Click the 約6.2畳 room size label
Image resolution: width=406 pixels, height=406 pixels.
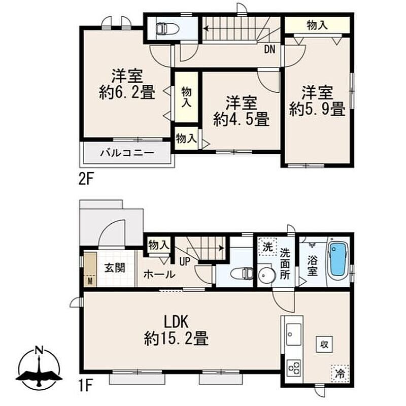[127, 92]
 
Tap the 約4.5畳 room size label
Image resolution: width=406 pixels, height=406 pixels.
[241, 119]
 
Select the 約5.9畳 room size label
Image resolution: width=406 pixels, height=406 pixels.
[317, 109]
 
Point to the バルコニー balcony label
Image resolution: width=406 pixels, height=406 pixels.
[127, 153]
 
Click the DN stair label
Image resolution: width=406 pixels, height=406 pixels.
[269, 49]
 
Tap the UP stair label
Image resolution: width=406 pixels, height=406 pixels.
[185, 262]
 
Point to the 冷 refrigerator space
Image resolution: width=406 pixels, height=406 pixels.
[340, 374]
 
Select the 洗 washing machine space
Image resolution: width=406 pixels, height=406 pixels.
[268, 247]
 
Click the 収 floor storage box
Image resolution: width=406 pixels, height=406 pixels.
[324, 344]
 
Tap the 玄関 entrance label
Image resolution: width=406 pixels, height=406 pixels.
[115, 268]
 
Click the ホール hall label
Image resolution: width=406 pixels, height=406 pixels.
[159, 274]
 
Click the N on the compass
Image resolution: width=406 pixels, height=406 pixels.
[39, 351]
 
